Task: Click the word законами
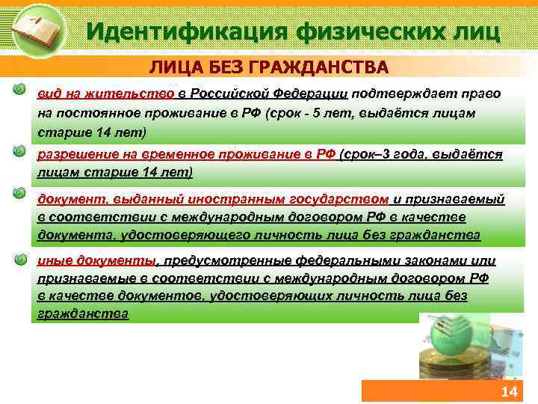click(443, 260)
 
